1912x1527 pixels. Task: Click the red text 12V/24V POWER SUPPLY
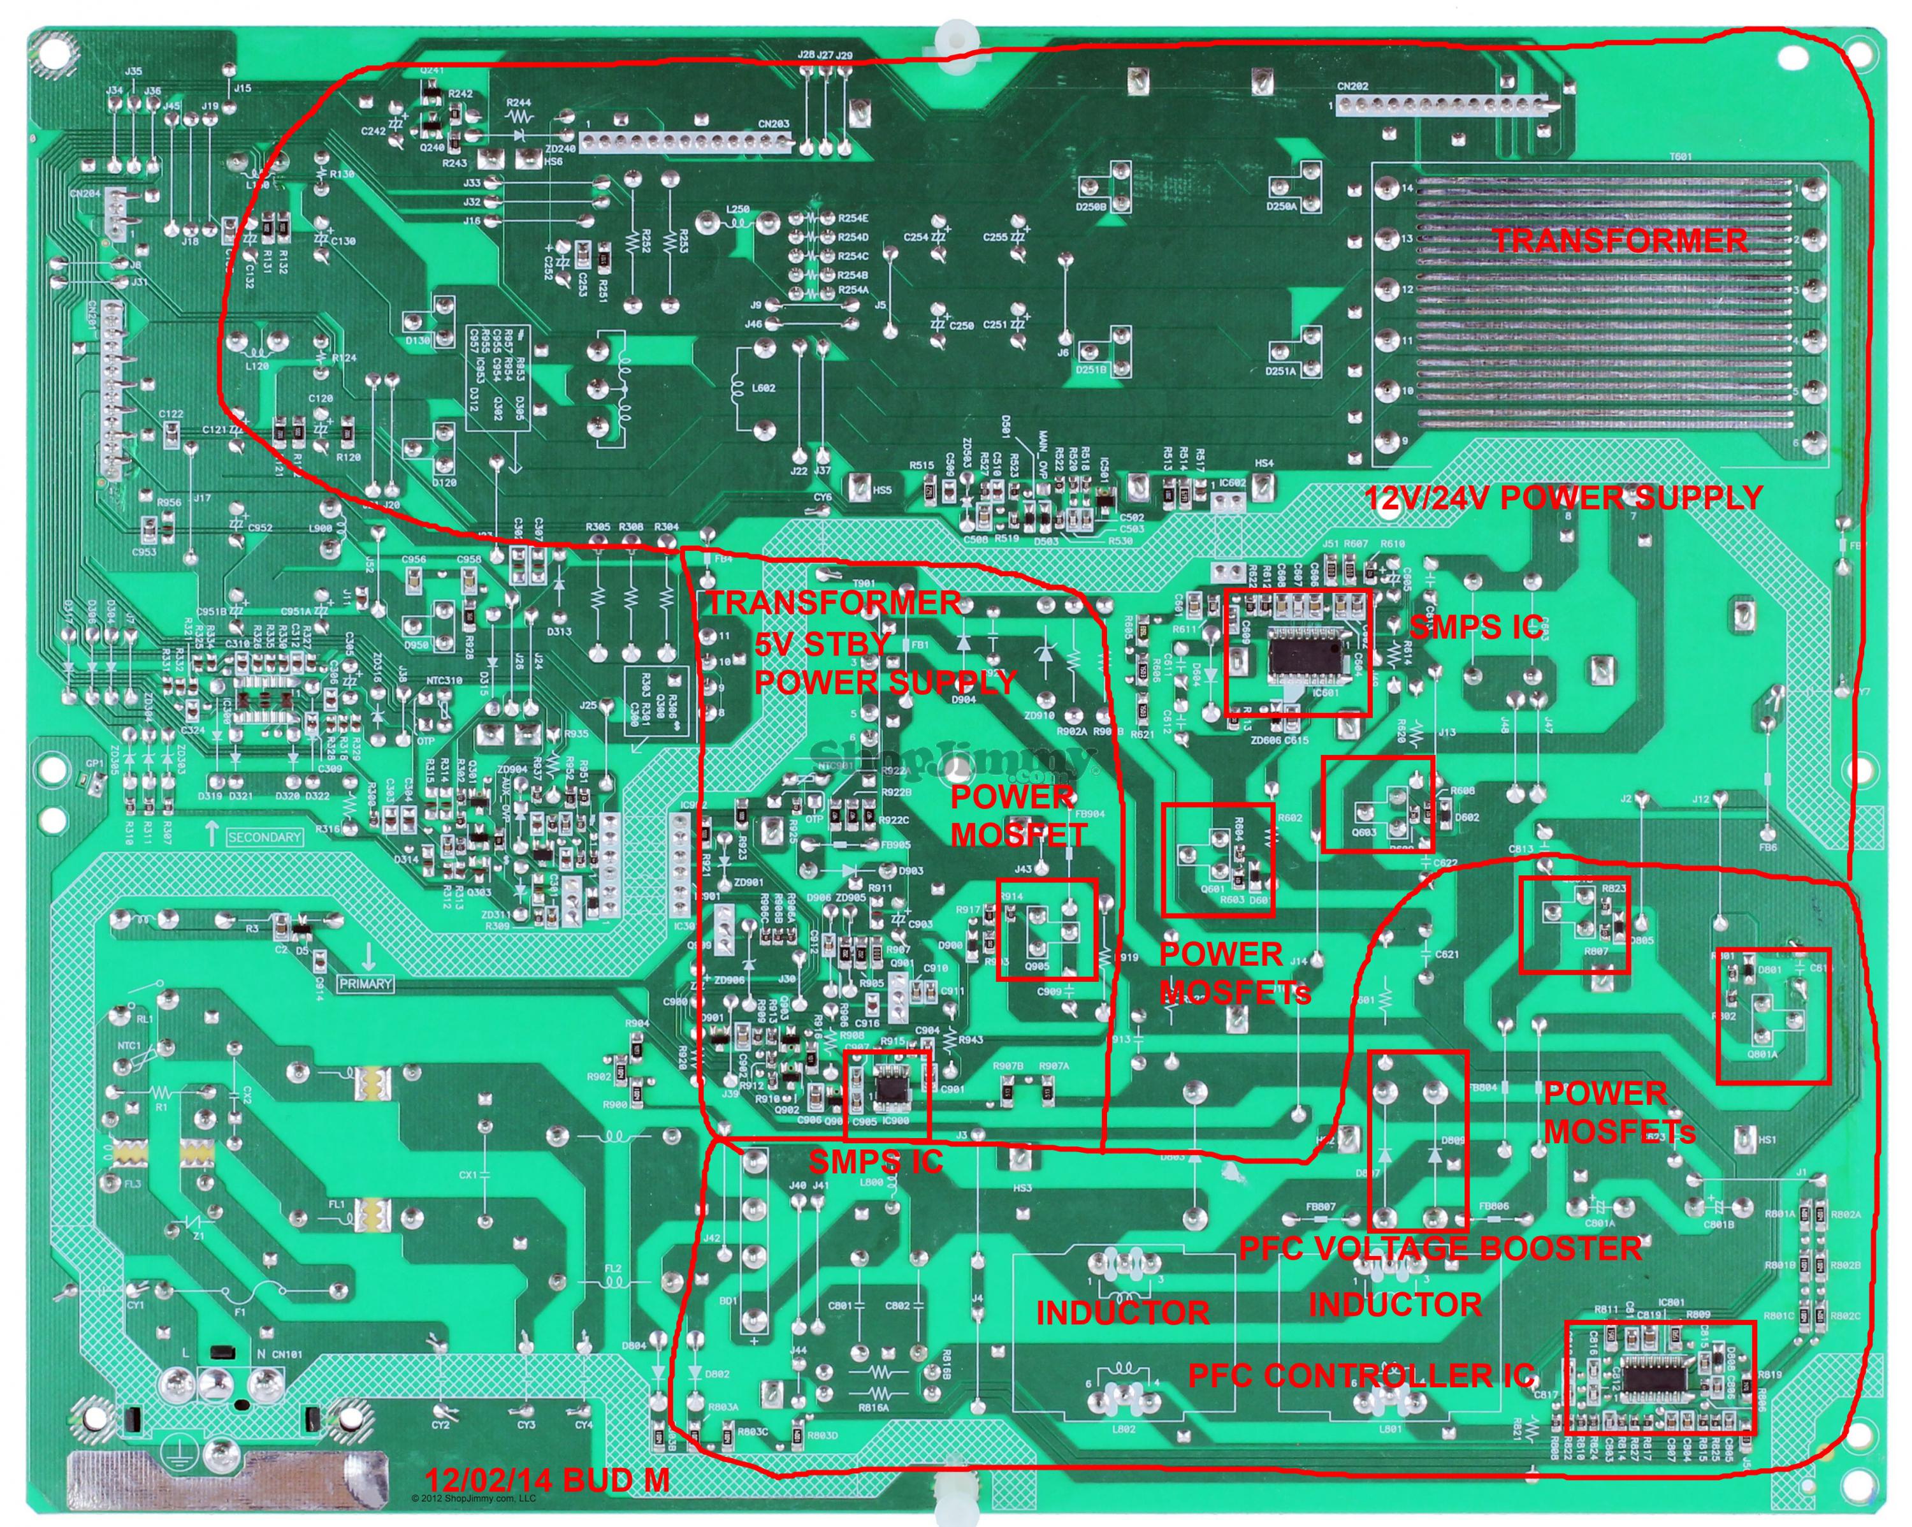tap(1563, 498)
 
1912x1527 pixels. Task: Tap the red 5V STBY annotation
tap(821, 643)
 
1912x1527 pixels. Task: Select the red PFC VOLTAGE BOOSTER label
tap(1439, 1248)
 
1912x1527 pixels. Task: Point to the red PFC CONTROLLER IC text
tap(1361, 1375)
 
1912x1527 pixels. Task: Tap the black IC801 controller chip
tap(1656, 1376)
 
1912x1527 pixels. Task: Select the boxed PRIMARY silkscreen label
tap(365, 984)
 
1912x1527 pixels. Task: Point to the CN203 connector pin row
tap(684, 142)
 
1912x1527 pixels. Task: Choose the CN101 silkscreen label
tap(286, 1354)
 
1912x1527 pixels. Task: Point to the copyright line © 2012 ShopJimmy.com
tap(474, 1498)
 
